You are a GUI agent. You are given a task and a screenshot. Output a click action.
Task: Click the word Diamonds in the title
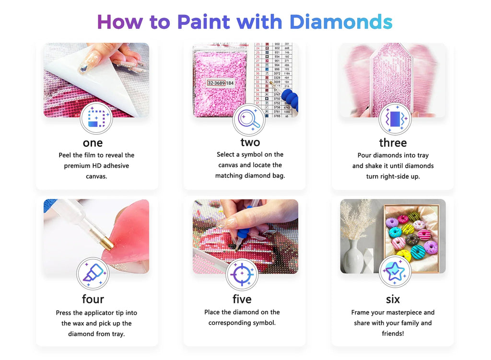pos(340,22)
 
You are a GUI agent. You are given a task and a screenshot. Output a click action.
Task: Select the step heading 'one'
pos(93,143)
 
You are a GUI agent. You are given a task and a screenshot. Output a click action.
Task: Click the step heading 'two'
pos(250,142)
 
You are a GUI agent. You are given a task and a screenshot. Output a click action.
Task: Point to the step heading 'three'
pos(393,143)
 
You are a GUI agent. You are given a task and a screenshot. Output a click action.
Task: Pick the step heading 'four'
pos(93,299)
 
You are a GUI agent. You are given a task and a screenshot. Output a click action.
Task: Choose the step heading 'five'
pos(242,299)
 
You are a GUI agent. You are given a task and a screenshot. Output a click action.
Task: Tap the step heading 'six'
pos(393,299)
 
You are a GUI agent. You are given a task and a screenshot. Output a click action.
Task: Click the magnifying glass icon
pos(249,120)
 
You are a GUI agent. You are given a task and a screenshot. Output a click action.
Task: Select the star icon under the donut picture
pos(395,272)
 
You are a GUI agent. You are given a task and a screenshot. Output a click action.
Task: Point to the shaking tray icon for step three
pos(395,119)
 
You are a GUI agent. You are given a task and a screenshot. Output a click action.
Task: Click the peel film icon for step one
pos(96,118)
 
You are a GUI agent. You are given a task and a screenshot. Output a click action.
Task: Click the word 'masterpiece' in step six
pos(400,312)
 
